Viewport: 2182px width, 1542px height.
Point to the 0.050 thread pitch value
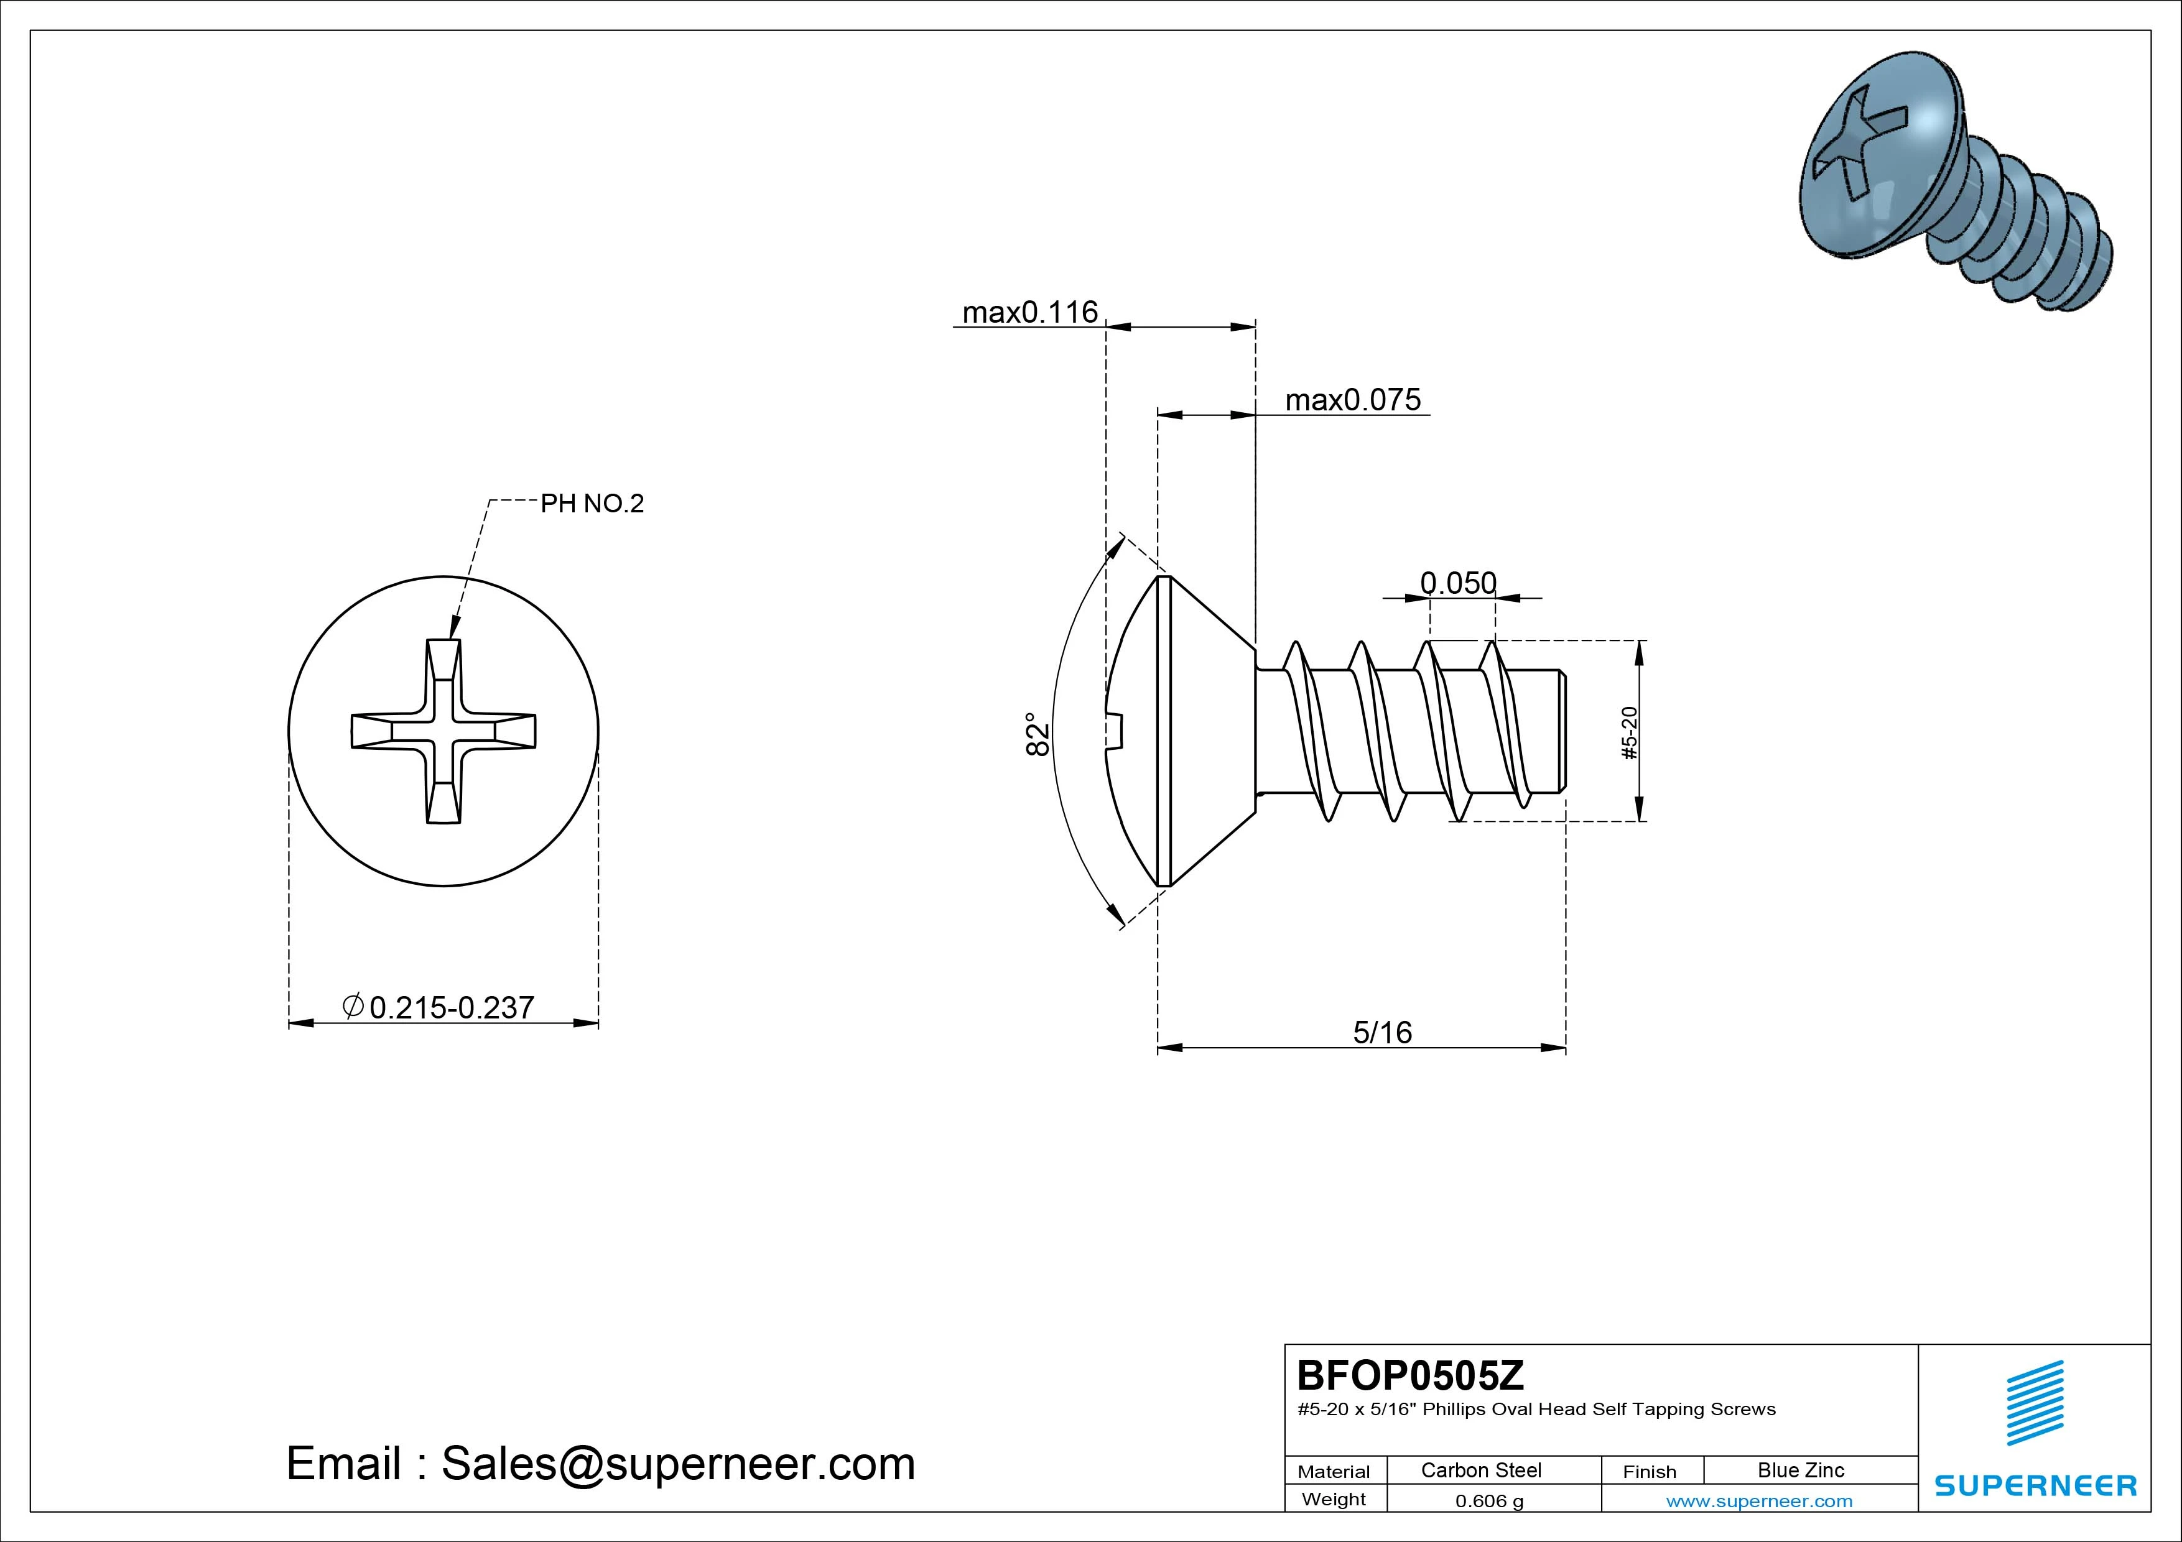coord(1458,583)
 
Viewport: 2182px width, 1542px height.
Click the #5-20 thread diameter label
coord(1629,732)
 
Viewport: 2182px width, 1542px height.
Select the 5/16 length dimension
coord(1382,1032)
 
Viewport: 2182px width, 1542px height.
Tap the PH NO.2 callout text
coord(592,504)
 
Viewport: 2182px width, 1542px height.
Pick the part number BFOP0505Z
coord(1409,1374)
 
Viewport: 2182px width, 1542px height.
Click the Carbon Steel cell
coord(1480,1470)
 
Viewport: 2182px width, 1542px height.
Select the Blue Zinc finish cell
coord(1800,1470)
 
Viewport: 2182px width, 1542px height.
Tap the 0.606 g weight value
coord(1488,1501)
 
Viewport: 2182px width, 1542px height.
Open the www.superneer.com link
coord(1759,1501)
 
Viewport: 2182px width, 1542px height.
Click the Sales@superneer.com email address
coord(677,1463)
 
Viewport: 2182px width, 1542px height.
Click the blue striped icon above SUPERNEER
coord(2034,1402)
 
